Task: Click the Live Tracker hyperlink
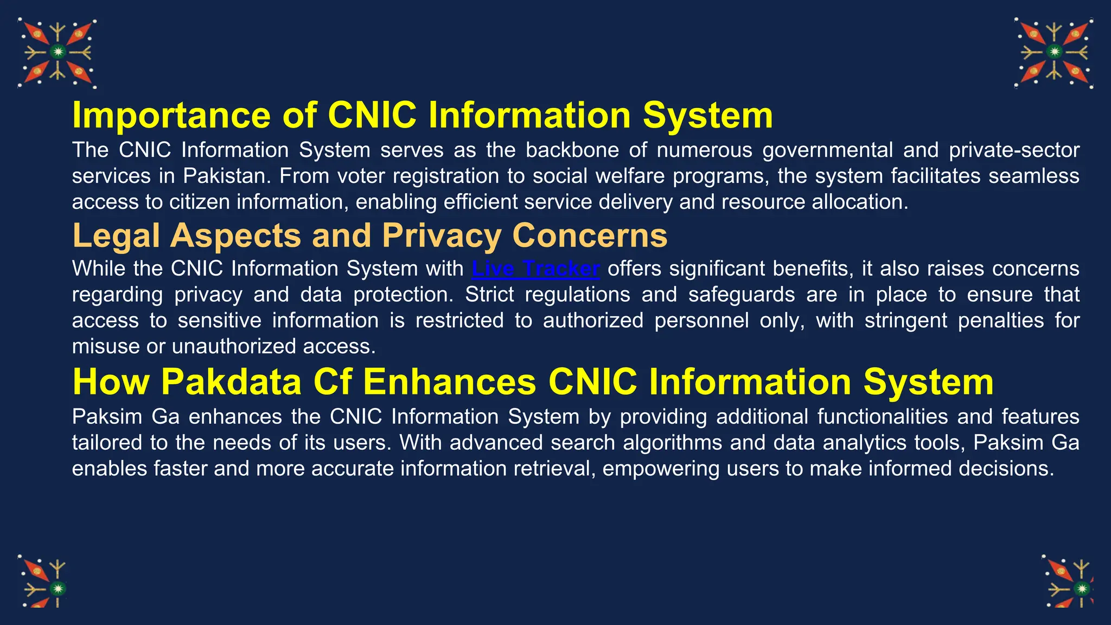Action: tap(535, 269)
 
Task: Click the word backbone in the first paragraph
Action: tap(572, 150)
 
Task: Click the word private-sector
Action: tap(1014, 150)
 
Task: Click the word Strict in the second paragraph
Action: tap(489, 295)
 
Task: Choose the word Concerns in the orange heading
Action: tap(590, 235)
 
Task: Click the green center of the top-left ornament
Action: tap(58, 52)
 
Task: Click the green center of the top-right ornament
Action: tap(1054, 52)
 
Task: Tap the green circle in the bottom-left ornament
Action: tap(58, 589)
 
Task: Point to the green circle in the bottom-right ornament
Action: tap(1082, 589)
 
